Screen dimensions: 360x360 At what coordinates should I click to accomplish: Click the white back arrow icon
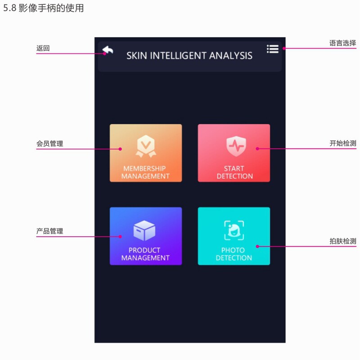[x=108, y=50]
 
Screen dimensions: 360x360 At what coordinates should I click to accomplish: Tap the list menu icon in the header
[x=272, y=49]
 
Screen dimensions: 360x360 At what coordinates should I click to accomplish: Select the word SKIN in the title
[x=137, y=56]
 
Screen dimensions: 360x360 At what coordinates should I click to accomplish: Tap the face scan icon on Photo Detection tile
[x=234, y=230]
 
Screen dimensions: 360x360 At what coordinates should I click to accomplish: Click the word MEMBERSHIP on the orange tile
[x=144, y=169]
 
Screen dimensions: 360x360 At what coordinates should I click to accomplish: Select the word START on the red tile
[x=234, y=169]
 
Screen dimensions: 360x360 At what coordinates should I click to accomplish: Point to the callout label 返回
[x=43, y=49]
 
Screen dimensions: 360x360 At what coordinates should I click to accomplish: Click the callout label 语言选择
[x=342, y=43]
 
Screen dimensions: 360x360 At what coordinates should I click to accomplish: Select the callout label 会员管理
[x=49, y=144]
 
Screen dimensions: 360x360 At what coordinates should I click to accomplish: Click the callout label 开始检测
[x=343, y=144]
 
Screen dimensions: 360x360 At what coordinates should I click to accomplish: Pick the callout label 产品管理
[x=49, y=231]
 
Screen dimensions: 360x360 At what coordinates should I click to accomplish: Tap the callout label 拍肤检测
[x=343, y=241]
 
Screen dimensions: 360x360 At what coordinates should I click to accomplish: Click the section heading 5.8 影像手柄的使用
[x=43, y=8]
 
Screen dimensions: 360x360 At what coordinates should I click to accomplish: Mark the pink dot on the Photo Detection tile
[x=257, y=246]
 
